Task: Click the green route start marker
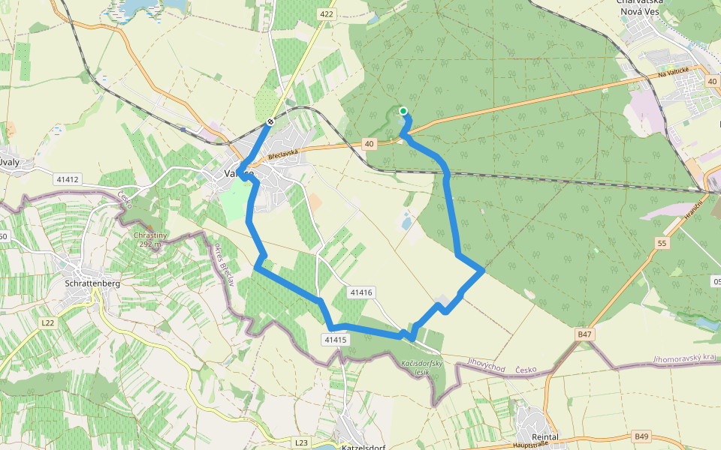(403, 112)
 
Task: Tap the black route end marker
(270, 122)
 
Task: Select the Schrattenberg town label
(93, 284)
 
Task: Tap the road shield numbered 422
(326, 13)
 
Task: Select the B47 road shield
(585, 334)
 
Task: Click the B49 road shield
(641, 436)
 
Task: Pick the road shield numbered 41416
(361, 292)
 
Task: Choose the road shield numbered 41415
(336, 340)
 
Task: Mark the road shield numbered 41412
(67, 180)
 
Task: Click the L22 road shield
(48, 322)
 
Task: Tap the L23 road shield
(302, 442)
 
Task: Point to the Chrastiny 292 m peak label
(150, 238)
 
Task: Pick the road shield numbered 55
(661, 243)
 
